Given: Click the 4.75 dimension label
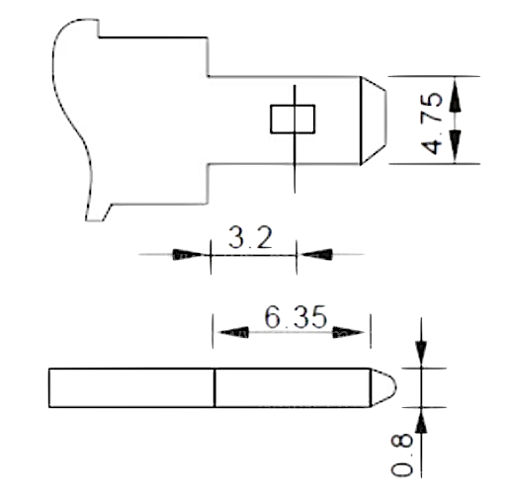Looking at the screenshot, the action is [x=432, y=124].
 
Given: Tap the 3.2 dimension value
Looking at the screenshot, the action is [x=250, y=237].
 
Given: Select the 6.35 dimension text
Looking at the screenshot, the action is [x=296, y=317].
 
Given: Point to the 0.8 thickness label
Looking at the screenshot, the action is [x=401, y=456].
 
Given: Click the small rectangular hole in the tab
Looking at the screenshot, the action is [x=293, y=120].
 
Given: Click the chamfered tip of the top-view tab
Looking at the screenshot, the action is [x=373, y=121].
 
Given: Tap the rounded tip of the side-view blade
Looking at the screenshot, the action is [x=384, y=387].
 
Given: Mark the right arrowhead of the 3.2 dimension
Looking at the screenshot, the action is [x=315, y=254].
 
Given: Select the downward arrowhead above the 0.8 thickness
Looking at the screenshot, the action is [x=421, y=354].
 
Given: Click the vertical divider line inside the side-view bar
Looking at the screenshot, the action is [x=213, y=387].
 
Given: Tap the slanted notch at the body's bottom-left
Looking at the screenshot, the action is [x=108, y=212].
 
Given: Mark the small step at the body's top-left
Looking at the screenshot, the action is [x=99, y=29].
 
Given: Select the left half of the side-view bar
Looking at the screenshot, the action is [x=131, y=387].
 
